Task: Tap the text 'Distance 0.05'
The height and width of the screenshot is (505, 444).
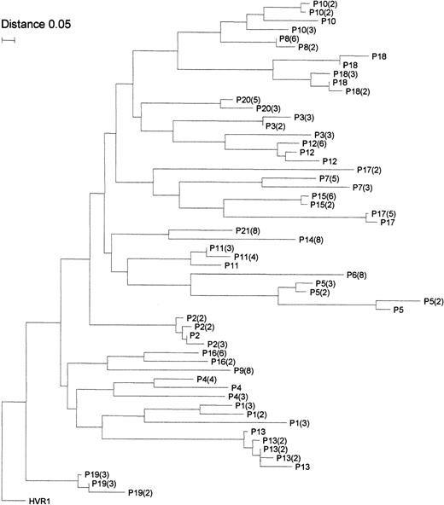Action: (x=33, y=23)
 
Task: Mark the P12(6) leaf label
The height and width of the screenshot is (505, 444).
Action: (x=317, y=144)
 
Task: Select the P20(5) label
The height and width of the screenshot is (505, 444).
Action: (x=239, y=100)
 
